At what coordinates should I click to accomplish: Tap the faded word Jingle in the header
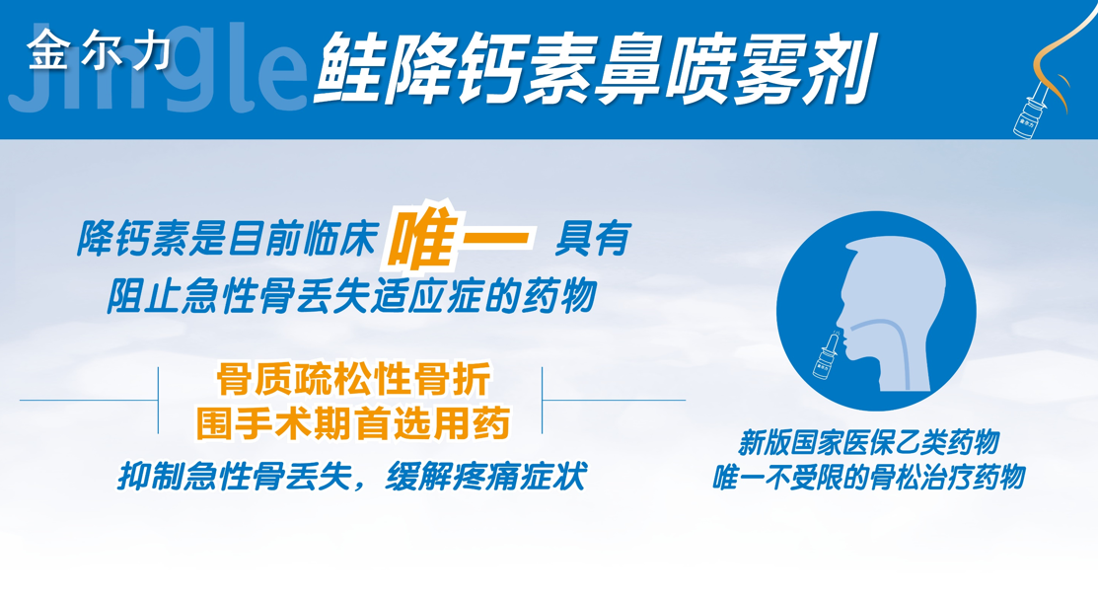tap(158, 70)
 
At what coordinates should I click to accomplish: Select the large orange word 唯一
tap(460, 237)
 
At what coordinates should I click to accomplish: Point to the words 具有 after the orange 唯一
tap(593, 239)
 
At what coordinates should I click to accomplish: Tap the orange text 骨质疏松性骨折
tap(353, 381)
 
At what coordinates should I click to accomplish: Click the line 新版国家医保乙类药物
tap(869, 444)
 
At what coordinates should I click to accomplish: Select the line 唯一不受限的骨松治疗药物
tap(869, 478)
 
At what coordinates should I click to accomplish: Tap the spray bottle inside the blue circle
tap(827, 354)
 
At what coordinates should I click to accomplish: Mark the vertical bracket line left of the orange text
tap(158, 400)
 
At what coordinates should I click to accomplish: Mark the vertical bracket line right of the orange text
tap(542, 400)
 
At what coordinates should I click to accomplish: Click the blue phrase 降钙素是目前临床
tap(227, 239)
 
